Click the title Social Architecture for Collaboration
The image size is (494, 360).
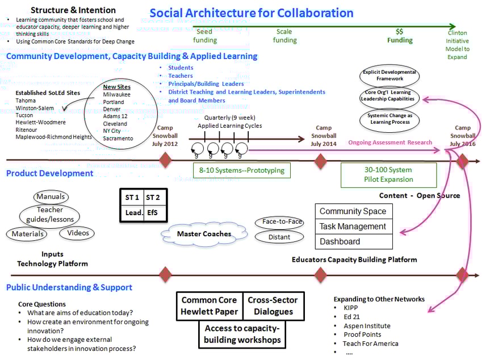tap(251, 13)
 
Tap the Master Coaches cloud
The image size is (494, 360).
tap(204, 233)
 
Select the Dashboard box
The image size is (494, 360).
tap(353, 241)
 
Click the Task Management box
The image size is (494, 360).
tap(353, 226)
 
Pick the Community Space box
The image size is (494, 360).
tap(353, 211)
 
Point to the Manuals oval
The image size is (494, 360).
tap(51, 197)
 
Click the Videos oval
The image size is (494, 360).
tap(78, 233)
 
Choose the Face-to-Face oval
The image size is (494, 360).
tap(279, 222)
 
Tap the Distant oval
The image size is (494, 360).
tap(279, 237)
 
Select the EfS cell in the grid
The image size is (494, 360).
tap(153, 213)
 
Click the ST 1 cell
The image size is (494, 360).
tap(132, 197)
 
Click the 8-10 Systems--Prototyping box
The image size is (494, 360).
tap(241, 170)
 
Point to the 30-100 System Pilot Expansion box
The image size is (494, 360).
tap(388, 175)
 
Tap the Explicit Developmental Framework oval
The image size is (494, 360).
tap(390, 76)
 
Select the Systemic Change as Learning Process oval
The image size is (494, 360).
tap(391, 119)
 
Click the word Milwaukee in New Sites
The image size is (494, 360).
tap(117, 94)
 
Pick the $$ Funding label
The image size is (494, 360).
tap(400, 36)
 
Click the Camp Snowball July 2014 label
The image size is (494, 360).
tap(324, 136)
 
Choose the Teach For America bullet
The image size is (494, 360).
tap(371, 344)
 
